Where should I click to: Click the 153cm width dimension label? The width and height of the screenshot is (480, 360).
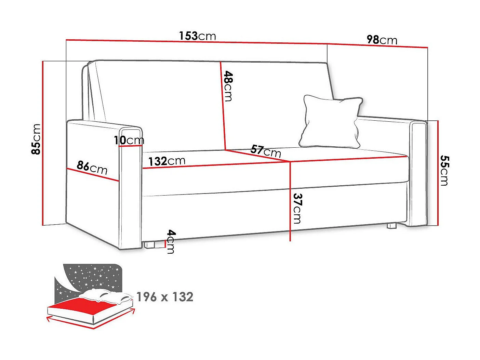[x=197, y=36]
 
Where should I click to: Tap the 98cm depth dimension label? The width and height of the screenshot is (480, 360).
[x=382, y=40]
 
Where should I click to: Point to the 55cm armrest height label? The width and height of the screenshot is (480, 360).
[x=444, y=170]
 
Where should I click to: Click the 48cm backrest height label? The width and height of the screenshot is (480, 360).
[x=228, y=86]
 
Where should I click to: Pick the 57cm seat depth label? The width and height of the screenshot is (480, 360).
[x=265, y=151]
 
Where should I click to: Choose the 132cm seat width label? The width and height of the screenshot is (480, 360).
[x=166, y=161]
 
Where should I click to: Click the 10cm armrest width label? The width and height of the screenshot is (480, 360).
[x=129, y=140]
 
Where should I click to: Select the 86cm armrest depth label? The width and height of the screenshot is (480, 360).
[x=92, y=168]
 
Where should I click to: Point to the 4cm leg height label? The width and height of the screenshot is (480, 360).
[x=171, y=242]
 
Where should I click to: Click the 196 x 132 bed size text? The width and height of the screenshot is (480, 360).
[x=165, y=297]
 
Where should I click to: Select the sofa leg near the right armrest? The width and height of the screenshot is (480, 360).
[x=391, y=226]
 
